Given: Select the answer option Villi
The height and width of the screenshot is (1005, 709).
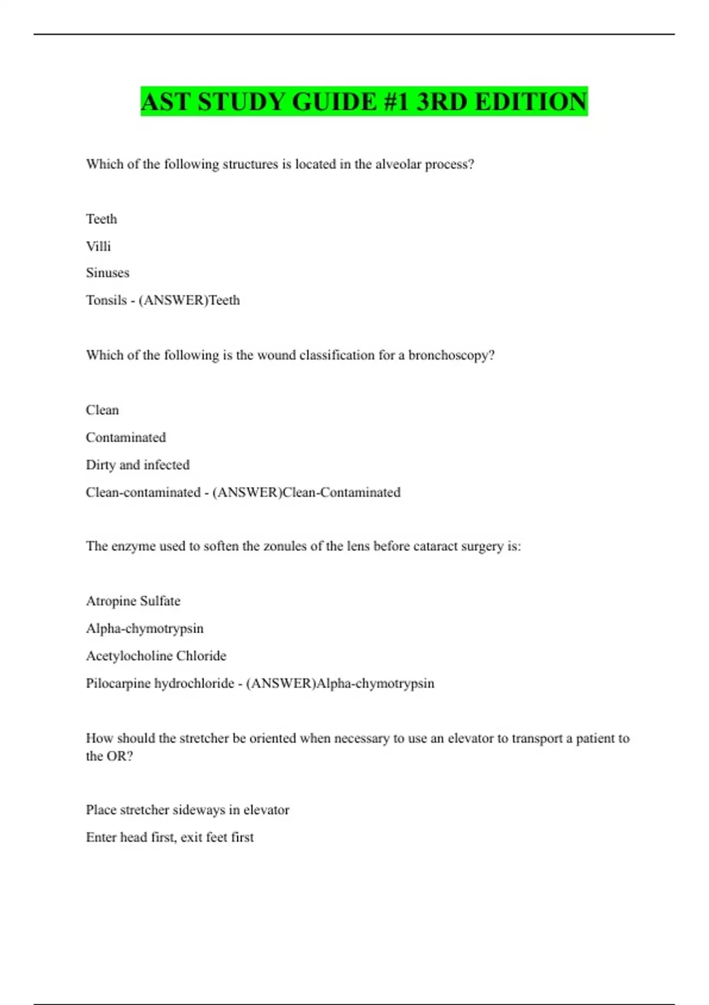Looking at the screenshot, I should coord(98,246).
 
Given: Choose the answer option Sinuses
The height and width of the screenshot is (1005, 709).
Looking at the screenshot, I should coord(108,273).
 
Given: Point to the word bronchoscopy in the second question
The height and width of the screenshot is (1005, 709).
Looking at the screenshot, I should coord(451,355).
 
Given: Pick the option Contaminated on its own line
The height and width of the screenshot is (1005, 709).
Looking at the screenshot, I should coord(126,437).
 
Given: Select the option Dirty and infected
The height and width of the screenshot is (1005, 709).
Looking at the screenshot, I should coord(138,465).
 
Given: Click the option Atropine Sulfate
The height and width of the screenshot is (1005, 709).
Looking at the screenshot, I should coord(133,601).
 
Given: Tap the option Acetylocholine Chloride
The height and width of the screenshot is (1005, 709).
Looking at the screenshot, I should coord(156,656).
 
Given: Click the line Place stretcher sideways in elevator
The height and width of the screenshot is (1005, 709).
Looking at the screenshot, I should coord(187,810).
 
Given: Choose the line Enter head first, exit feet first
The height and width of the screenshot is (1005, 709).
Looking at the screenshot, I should coord(170,837).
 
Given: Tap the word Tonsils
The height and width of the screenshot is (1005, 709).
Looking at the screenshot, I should coord(106,300).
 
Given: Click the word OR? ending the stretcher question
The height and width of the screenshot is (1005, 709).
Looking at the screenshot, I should coord(119,756).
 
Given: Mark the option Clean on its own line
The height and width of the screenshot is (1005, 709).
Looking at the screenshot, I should coord(102,410).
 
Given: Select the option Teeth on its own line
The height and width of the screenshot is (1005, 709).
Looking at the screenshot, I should coord(102,219).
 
